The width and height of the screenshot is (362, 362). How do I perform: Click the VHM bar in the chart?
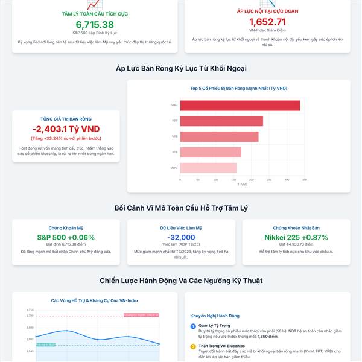pyautogui.click(x=240, y=105)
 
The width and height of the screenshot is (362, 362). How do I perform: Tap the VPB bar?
pyautogui.click(x=219, y=137)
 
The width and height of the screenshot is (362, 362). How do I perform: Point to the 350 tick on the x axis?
pyautogui.click(x=305, y=180)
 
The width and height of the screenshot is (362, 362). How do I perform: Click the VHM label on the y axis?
pyautogui.click(x=174, y=106)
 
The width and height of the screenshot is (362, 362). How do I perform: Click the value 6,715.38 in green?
pyautogui.click(x=95, y=24)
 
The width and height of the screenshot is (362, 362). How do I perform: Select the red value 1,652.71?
pyautogui.click(x=267, y=22)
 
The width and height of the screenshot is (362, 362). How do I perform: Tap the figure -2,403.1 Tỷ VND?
pyautogui.click(x=66, y=129)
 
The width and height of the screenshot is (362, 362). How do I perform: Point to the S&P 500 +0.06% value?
pyautogui.click(x=66, y=238)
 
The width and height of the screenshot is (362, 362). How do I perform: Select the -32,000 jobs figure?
pyautogui.click(x=181, y=238)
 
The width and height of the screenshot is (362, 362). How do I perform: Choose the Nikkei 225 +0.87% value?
pyautogui.click(x=296, y=238)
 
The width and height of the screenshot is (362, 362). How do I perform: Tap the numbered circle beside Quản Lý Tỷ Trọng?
pyautogui.click(x=193, y=326)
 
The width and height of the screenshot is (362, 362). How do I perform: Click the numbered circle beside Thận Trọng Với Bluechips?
pyautogui.click(x=193, y=346)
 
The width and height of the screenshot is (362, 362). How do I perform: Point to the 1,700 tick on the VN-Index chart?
pyautogui.click(x=30, y=316)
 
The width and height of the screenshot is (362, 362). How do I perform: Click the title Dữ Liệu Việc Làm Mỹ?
pyautogui.click(x=181, y=228)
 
